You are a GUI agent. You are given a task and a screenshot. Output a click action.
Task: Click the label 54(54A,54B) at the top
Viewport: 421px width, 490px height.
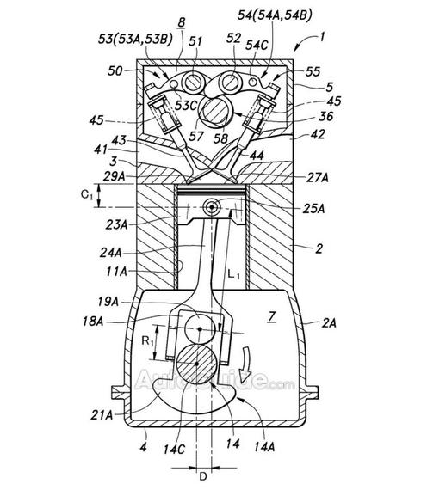tap(275, 15)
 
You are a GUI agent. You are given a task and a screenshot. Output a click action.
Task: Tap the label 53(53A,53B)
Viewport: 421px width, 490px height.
tap(135, 40)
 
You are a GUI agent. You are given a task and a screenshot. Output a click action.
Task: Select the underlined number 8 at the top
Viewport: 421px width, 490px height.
tap(182, 22)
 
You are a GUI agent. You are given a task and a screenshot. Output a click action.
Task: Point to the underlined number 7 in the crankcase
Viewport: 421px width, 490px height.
tap(272, 317)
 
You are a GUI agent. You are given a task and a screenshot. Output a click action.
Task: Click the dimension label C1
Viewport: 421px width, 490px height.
tap(87, 195)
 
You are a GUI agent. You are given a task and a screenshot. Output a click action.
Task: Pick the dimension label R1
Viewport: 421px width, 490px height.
tap(147, 340)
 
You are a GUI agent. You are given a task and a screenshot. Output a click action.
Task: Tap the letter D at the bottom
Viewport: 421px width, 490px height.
tap(203, 477)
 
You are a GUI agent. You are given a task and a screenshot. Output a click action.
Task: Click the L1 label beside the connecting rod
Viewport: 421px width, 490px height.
tap(233, 275)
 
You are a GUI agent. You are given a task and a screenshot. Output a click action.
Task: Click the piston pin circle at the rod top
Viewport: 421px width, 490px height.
tap(212, 207)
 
